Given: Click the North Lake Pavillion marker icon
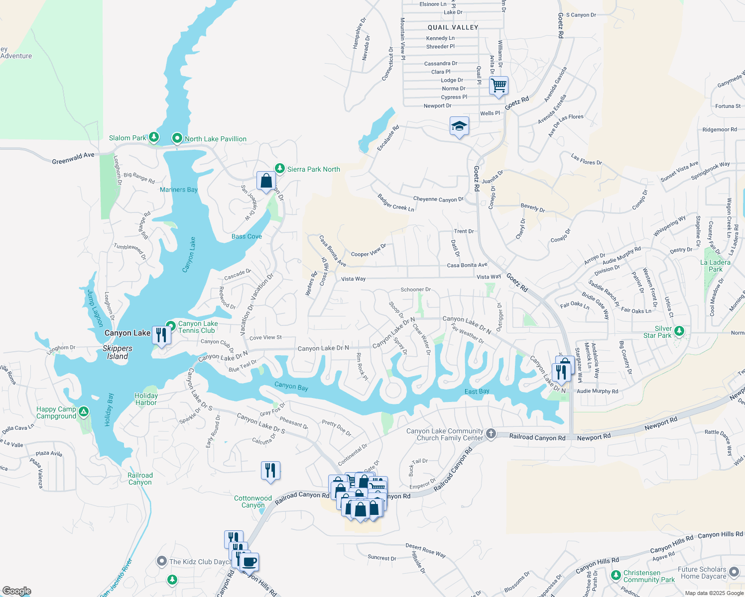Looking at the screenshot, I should [177, 138].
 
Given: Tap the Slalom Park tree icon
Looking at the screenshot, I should [154, 137].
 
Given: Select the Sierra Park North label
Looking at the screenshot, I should [313, 169].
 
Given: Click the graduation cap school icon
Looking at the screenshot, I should [459, 126].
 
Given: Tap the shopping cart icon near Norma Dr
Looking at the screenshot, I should [498, 86].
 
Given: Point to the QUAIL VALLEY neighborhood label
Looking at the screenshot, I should [453, 27].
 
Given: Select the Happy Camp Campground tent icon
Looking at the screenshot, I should [84, 411].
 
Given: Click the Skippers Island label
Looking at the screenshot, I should [118, 352].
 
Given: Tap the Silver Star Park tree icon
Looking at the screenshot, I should [679, 331].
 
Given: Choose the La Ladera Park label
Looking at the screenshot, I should [715, 266].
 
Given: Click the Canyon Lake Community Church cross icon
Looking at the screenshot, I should [491, 434].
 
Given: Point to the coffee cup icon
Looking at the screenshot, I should [249, 562].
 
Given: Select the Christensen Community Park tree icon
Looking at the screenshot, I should [616, 575].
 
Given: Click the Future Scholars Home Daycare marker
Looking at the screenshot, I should [734, 572].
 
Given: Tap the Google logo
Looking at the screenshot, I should [17, 591].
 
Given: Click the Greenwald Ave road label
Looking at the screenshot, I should [73, 158].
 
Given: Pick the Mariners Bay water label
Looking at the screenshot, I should [179, 190].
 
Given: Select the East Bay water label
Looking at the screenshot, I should [477, 392].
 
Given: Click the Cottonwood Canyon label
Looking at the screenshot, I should [253, 501].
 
